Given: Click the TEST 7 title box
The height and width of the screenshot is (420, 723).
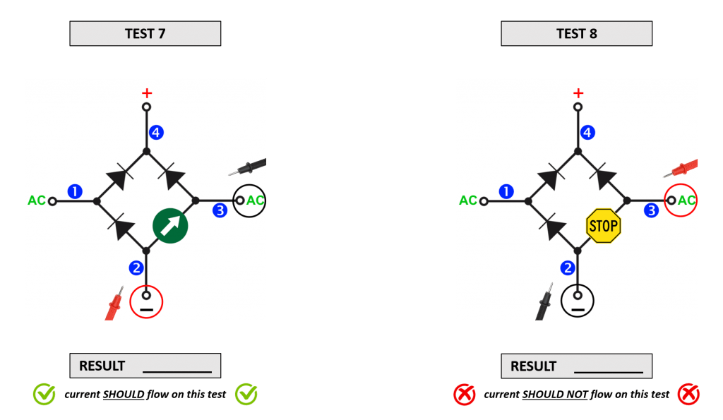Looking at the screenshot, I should [x=145, y=34].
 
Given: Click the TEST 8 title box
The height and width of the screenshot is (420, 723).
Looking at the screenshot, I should [x=576, y=34].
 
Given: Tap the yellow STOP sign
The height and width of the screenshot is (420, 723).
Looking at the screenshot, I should [x=604, y=226].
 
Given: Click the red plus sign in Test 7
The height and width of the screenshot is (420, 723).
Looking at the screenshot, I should [x=147, y=92].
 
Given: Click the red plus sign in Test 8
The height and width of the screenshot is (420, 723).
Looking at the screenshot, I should [x=578, y=92].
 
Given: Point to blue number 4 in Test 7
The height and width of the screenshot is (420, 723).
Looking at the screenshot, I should [x=156, y=132].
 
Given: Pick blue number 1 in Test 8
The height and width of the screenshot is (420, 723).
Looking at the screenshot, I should [x=506, y=191].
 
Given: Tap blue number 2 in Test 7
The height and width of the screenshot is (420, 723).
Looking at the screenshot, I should [x=136, y=268].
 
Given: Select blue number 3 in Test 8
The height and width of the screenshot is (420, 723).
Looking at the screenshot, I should [x=651, y=210].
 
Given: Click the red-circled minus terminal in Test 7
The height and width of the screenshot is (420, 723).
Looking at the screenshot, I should [x=147, y=302].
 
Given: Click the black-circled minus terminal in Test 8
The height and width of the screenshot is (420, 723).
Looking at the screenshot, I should [x=578, y=302].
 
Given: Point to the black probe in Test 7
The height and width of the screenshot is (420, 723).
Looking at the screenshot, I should [x=249, y=168].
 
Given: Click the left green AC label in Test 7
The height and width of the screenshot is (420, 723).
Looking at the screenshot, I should [x=37, y=200].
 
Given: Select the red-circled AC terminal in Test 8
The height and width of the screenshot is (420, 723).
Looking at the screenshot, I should [x=681, y=200].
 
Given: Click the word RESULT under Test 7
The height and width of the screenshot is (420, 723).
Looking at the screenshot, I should [x=102, y=366].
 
